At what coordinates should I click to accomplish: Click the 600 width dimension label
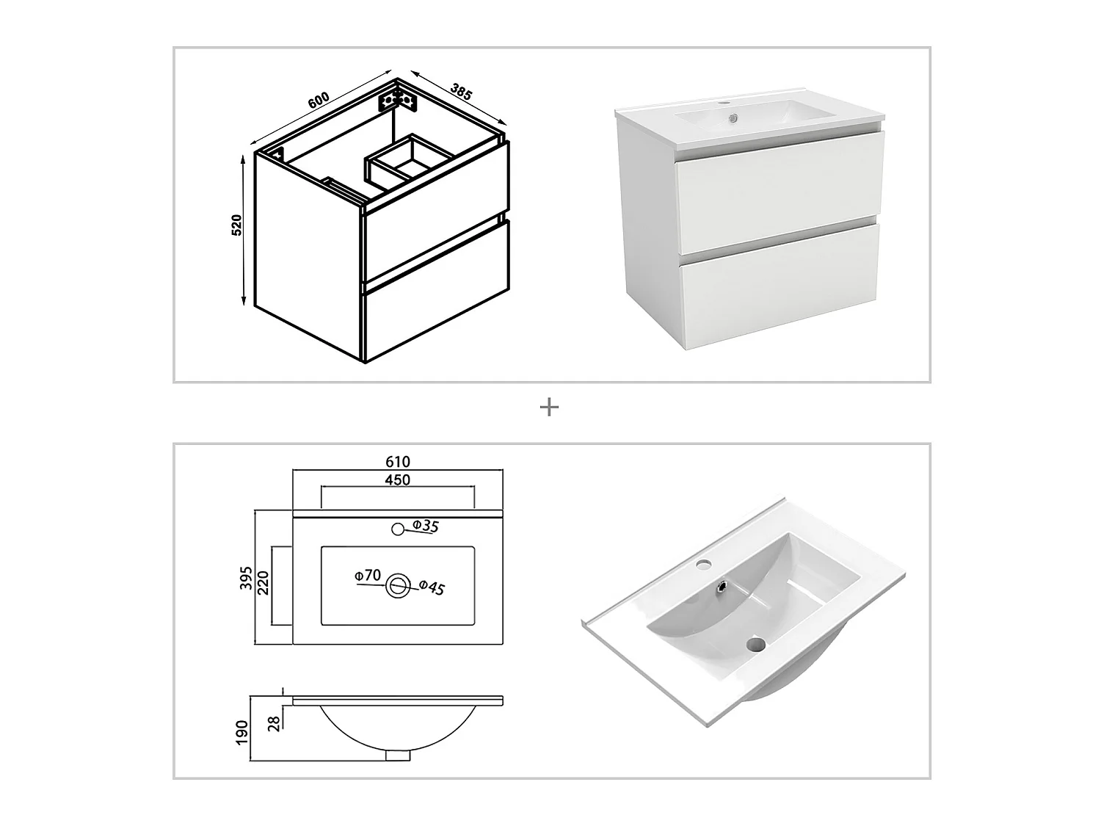[x=319, y=100]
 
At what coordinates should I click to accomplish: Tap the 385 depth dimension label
[x=462, y=91]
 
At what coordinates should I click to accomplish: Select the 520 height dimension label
[x=237, y=225]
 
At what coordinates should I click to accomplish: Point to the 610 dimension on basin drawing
[x=398, y=461]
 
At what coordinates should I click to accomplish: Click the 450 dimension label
[x=398, y=480]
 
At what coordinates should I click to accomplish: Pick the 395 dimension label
[x=246, y=579]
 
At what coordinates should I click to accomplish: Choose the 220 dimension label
[x=264, y=583]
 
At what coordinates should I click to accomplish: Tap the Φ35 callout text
[x=426, y=526]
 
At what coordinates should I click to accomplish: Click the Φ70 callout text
[x=368, y=575]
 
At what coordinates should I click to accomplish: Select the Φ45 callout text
[x=432, y=587]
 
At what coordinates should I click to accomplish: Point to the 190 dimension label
[x=242, y=733]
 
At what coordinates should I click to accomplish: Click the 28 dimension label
[x=275, y=724]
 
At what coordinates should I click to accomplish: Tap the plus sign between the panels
[x=549, y=407]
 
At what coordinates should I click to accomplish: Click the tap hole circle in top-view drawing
[x=398, y=529]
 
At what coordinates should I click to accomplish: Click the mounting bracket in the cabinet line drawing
[x=398, y=102]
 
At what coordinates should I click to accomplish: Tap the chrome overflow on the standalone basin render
[x=723, y=586]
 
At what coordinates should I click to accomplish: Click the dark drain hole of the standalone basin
[x=756, y=645]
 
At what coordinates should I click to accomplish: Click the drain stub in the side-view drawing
[x=399, y=755]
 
